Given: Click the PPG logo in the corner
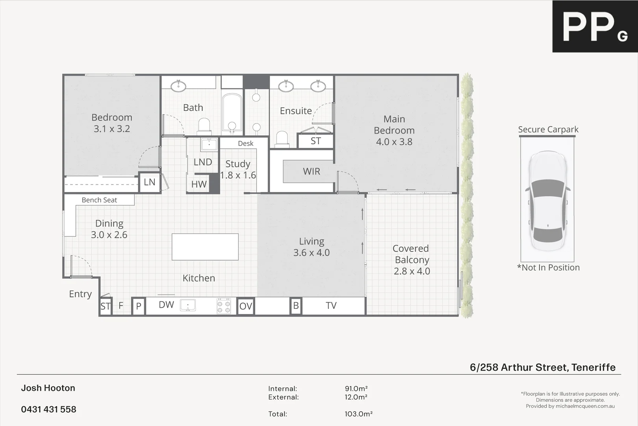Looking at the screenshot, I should [x=595, y=26].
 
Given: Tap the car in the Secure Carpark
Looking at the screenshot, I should [x=548, y=201].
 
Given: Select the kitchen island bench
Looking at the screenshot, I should [x=205, y=247].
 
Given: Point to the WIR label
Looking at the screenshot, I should [x=311, y=172].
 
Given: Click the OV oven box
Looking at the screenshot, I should [x=245, y=306].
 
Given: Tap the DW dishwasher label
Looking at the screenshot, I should [x=166, y=305].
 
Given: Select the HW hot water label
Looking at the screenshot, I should [x=199, y=184].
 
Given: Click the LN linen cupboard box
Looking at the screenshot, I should [x=149, y=182].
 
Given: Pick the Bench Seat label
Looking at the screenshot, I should [x=99, y=200].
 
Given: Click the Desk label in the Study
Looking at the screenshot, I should [x=245, y=144].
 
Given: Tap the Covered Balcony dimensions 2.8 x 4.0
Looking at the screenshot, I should [x=412, y=271].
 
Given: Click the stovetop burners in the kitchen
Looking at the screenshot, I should [x=224, y=306].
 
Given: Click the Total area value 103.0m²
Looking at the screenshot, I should [x=358, y=414].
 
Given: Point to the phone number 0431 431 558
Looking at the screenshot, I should [x=48, y=409].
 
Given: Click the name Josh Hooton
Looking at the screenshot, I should [x=48, y=388].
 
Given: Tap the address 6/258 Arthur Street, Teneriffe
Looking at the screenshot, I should [x=542, y=367].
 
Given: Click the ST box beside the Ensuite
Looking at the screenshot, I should [x=315, y=141].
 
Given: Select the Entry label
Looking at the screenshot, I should [x=80, y=294].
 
